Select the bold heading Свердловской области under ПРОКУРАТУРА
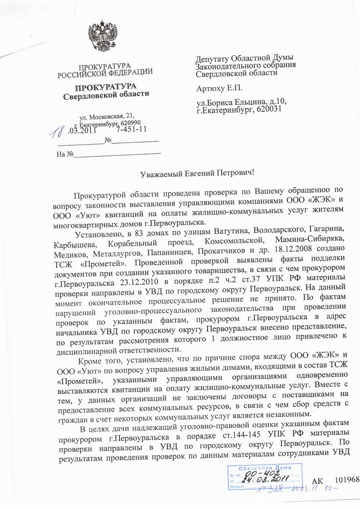point(105,96)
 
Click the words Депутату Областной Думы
point(244,58)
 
